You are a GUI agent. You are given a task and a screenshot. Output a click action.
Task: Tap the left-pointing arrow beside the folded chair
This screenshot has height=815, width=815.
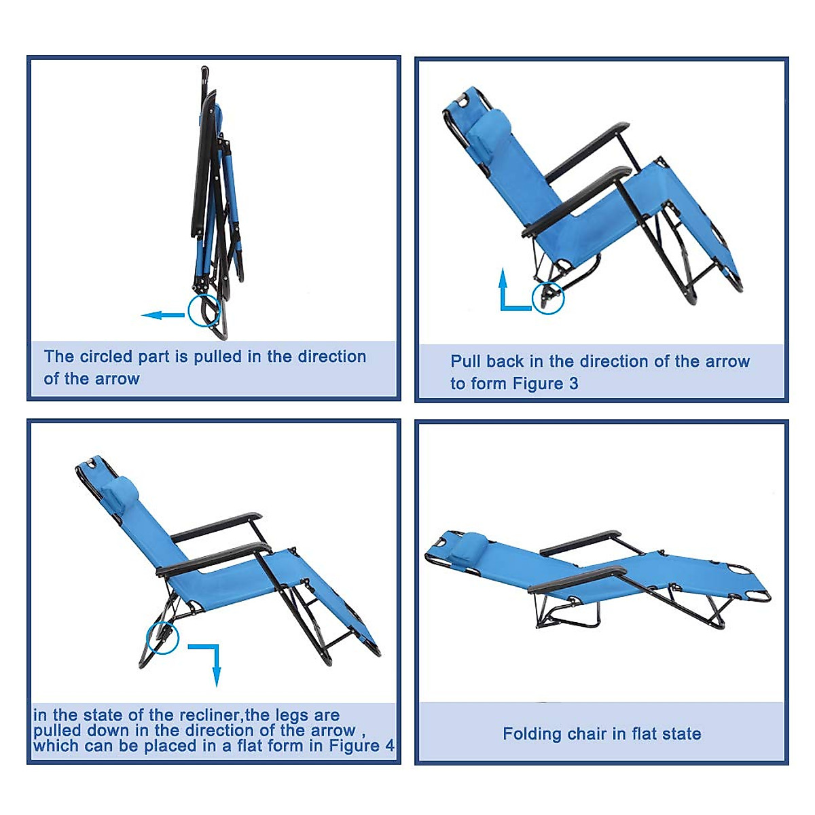point(163,315)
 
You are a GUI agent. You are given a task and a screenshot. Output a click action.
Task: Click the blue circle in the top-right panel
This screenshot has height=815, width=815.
point(547,297)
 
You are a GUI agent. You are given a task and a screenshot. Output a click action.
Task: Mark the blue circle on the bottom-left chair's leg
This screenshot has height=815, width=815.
point(163,638)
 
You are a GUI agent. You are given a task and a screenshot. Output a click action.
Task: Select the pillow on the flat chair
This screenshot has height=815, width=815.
point(469,547)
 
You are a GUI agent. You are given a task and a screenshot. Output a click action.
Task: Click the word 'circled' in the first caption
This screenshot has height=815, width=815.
point(105,357)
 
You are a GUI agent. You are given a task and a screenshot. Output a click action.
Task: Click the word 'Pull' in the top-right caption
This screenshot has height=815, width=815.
point(464,361)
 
